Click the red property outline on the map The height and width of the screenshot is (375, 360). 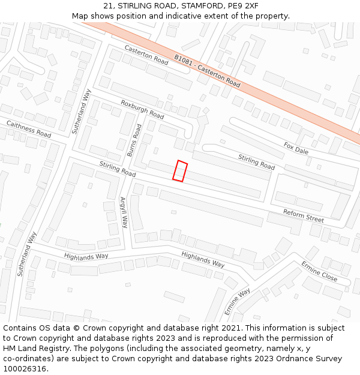coord(180,171)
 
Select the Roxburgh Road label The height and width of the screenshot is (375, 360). coord(142,109)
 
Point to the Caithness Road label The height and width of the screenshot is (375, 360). coord(29,128)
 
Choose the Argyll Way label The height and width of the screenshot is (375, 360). coord(124,212)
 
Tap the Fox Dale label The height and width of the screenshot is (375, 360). coord(296,148)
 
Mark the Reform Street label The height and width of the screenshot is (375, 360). coord(304,215)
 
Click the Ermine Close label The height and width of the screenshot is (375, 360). coord(319,272)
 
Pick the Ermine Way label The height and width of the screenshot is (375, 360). coord(237,302)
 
